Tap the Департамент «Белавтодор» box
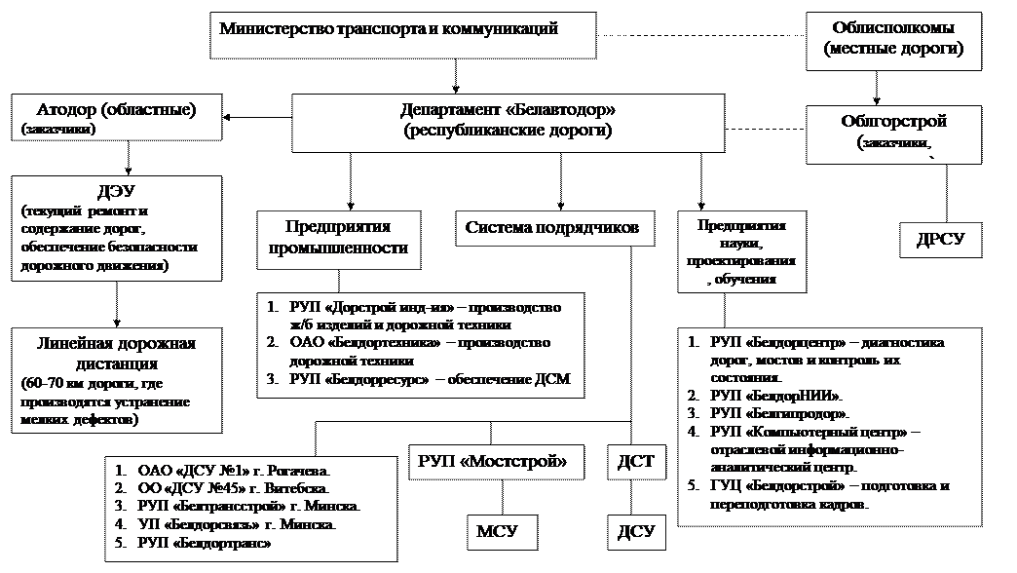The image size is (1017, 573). tap(508, 122)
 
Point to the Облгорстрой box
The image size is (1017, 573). tap(893, 134)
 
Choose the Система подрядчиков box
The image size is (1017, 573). tap(551, 229)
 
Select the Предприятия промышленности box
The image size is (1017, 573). tap(338, 240)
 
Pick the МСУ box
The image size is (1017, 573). tap(496, 531)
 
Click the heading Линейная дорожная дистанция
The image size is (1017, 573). tap(116, 352)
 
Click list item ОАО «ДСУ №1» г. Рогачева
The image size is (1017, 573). tap(235, 469)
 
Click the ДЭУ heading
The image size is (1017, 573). tap(116, 191)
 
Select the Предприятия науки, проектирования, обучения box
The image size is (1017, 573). tap(742, 252)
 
